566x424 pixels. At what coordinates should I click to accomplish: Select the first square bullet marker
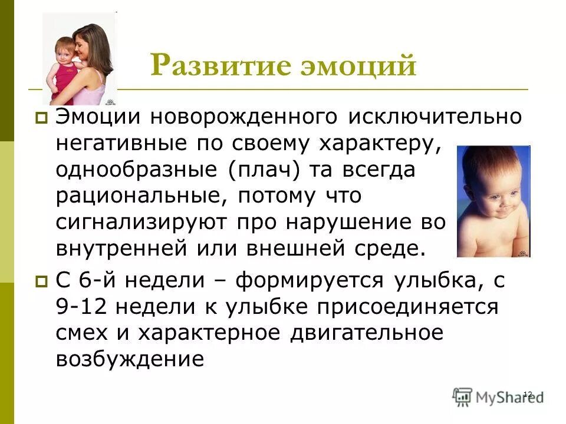coord(41,119)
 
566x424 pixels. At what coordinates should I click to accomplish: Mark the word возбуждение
coord(130,359)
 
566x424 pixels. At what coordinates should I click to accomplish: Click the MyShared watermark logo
coord(498,397)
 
